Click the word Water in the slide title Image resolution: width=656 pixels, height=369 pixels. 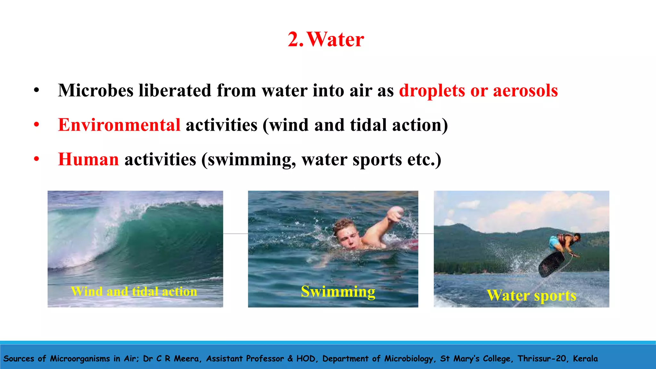335,39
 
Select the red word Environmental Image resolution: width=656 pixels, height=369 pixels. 119,125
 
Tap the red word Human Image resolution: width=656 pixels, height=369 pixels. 88,160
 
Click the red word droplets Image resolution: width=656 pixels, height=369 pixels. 432,91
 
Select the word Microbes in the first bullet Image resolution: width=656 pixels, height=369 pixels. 95,91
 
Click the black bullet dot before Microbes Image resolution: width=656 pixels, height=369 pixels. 37,91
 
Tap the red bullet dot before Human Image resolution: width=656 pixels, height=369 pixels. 37,159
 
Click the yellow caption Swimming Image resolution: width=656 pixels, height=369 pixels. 338,291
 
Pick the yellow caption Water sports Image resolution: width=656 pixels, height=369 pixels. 531,295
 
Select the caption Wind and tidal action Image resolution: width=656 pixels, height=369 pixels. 134,291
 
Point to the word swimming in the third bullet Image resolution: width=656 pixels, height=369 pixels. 251,160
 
